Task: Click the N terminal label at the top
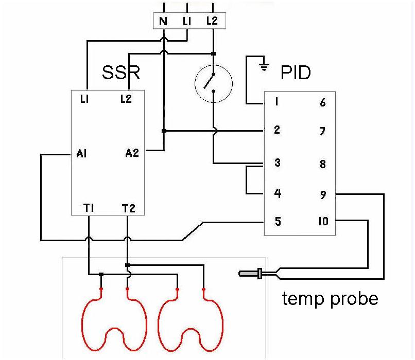click(x=163, y=21)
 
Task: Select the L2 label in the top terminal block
click(x=212, y=21)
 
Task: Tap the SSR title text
click(x=121, y=72)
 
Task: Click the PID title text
click(x=296, y=73)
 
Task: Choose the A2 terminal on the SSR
click(x=132, y=153)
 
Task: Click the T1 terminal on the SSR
click(x=89, y=208)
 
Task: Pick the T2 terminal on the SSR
click(x=128, y=208)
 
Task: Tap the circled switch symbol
click(x=213, y=83)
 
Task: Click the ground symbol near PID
click(x=264, y=65)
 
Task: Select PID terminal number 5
click(x=278, y=222)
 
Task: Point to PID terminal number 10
click(x=323, y=222)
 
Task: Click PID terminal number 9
click(x=323, y=195)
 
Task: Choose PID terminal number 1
click(x=276, y=102)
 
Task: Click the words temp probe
click(x=330, y=298)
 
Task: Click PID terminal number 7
click(x=323, y=132)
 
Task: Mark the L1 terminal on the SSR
click(x=85, y=99)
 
